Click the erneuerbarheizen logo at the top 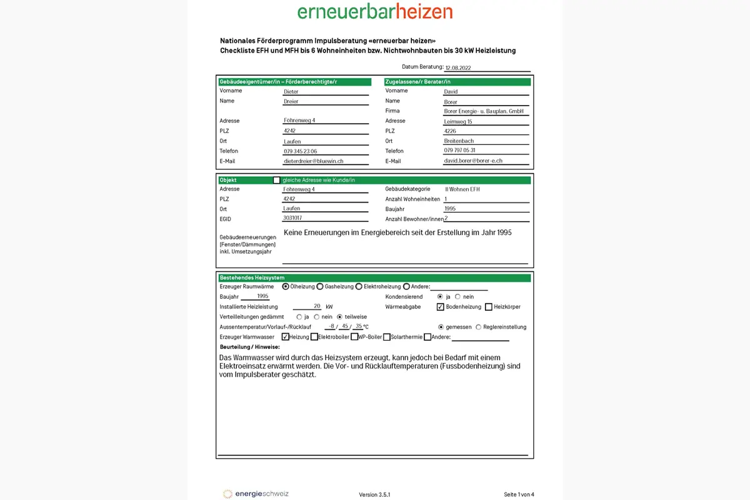pos(375,12)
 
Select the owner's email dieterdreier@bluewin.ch pos(314,161)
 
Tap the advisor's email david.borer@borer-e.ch pos(473,161)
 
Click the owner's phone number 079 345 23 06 pos(301,151)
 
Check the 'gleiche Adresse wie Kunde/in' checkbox pos(277,180)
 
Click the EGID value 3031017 pos(292,218)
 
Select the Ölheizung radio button pos(286,286)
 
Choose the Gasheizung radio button pos(320,286)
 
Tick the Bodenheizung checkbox pos(441,307)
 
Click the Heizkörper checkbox pos(489,307)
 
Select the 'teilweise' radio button pos(340,317)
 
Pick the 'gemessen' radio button pos(441,327)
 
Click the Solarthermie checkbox pos(387,337)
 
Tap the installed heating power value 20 pos(317,306)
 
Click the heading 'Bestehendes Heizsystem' pos(252,277)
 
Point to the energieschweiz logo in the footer pos(256,494)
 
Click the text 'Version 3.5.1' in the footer pos(374,494)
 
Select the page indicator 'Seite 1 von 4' pos(519,494)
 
